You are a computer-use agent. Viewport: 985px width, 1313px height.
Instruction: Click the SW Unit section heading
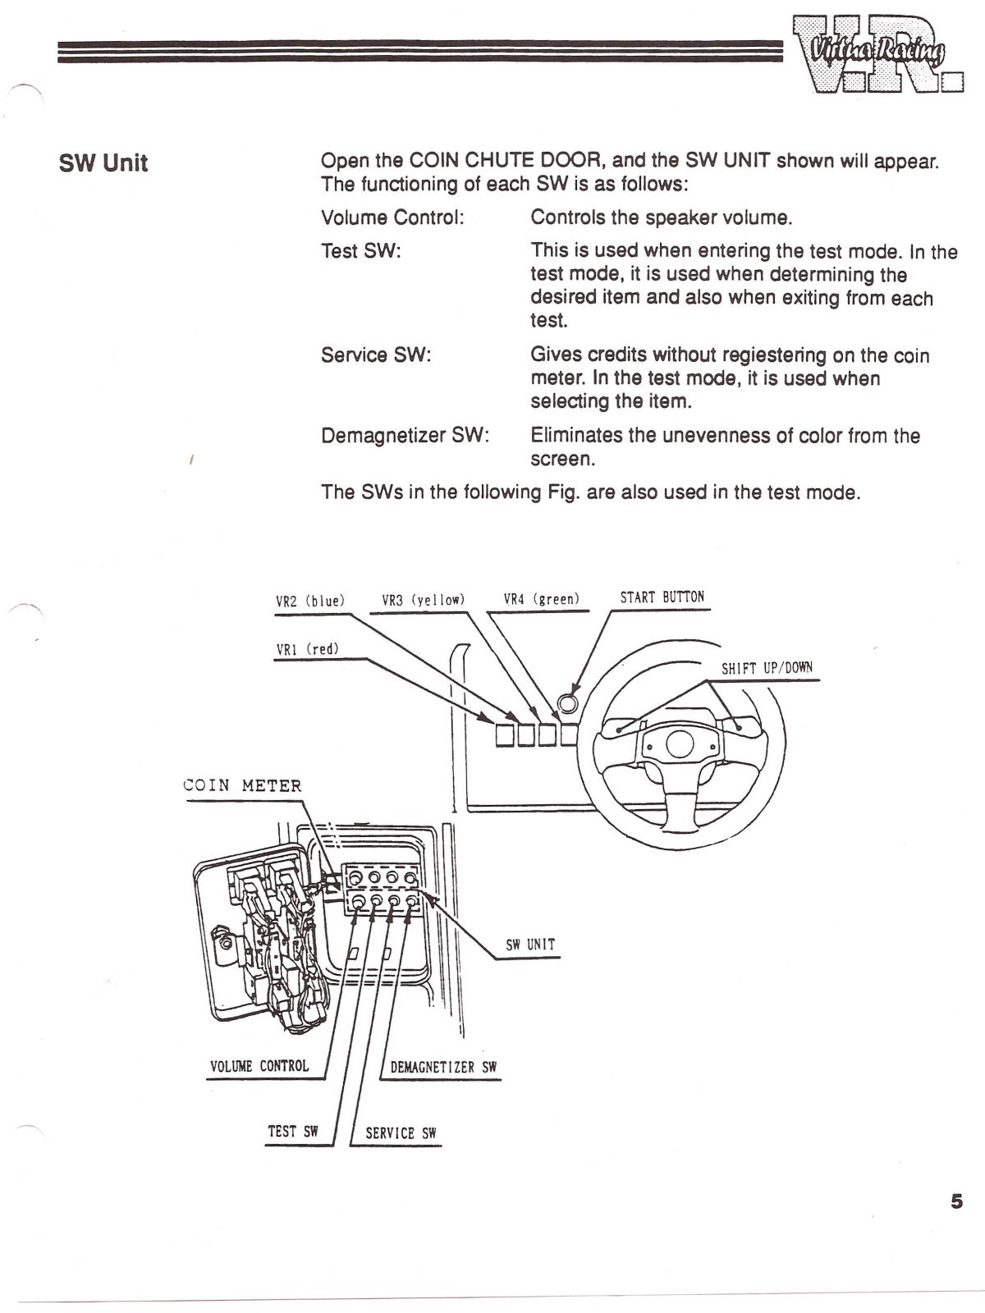pos(103,162)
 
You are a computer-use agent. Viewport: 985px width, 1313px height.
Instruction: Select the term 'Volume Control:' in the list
pos(392,217)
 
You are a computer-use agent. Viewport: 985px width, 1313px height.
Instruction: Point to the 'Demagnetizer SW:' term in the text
pos(405,435)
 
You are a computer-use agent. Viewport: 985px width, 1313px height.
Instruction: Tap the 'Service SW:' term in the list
pos(376,355)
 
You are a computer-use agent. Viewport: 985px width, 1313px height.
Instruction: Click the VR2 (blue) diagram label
pos(310,601)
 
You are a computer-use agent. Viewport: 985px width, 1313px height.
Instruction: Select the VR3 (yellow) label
pos(424,600)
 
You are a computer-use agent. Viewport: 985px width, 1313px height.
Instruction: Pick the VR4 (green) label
pos(542,599)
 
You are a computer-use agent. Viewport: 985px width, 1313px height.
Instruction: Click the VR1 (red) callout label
pos(307,649)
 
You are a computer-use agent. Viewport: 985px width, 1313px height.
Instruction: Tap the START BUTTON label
pos(662,597)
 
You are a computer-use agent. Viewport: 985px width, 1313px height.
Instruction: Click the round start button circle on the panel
pos(567,702)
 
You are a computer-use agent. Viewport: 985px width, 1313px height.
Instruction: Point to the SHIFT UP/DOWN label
pos(767,668)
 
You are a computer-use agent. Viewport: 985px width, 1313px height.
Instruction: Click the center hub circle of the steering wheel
pos(680,744)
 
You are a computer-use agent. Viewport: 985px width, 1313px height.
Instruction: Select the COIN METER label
pos(243,785)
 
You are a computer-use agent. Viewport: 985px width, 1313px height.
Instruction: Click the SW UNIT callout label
pos(530,945)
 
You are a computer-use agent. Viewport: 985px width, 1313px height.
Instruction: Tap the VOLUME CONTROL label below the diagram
pos(259,1066)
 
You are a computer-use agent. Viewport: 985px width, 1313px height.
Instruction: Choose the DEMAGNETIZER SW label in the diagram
pos(443,1068)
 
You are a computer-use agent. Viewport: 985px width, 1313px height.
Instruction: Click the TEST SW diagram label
pos(293,1132)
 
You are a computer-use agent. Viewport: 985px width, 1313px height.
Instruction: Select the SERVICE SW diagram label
pos(401,1133)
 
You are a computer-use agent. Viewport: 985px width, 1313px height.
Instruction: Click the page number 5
pos(956,1201)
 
